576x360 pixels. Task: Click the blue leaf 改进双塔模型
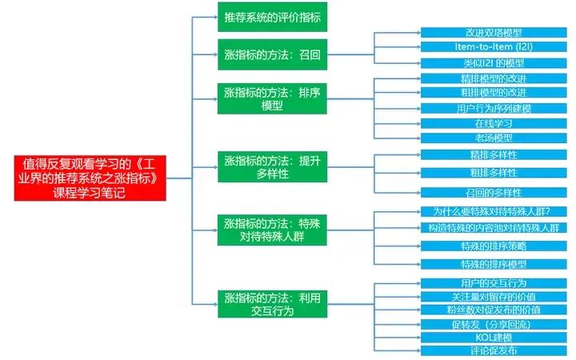[493, 33]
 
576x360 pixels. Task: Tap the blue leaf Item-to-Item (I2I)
[493, 47]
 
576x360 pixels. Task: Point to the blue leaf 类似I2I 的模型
[493, 62]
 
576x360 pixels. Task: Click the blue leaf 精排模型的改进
[493, 78]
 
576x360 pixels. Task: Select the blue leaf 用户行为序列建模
[493, 108]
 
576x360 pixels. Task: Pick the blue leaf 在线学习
[493, 123]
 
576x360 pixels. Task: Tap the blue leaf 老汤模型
[493, 138]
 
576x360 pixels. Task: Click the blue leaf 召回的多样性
[493, 193]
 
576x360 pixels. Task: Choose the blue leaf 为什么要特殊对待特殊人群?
[493, 212]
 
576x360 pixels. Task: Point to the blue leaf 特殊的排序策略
[493, 246]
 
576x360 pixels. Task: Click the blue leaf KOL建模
[493, 337]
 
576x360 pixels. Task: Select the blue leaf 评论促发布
[493, 350]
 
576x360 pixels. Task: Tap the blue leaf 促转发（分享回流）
[493, 323]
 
